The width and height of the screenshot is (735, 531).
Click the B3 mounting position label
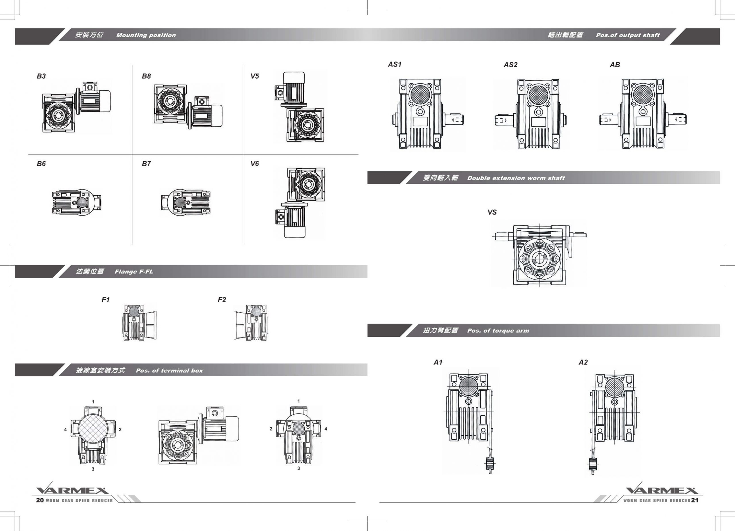(x=41, y=76)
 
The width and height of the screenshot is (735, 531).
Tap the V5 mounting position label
(x=254, y=76)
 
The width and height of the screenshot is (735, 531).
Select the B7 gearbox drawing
(x=186, y=202)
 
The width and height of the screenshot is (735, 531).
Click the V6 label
(x=254, y=164)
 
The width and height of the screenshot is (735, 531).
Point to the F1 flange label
(x=106, y=300)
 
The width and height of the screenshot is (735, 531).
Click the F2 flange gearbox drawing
(x=251, y=322)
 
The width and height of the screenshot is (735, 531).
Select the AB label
(x=615, y=65)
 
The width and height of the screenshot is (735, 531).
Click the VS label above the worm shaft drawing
(x=492, y=212)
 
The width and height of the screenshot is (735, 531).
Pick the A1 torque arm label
(x=438, y=362)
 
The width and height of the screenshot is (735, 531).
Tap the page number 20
(x=40, y=500)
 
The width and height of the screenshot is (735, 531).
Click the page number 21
(x=695, y=500)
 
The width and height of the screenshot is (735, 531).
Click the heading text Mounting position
(x=146, y=35)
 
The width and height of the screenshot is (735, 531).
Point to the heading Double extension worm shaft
(x=516, y=178)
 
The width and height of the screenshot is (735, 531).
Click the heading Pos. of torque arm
(x=498, y=330)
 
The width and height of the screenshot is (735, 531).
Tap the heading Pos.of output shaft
(x=627, y=35)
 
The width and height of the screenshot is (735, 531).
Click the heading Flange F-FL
(x=134, y=272)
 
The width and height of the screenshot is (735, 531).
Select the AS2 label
(x=510, y=65)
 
